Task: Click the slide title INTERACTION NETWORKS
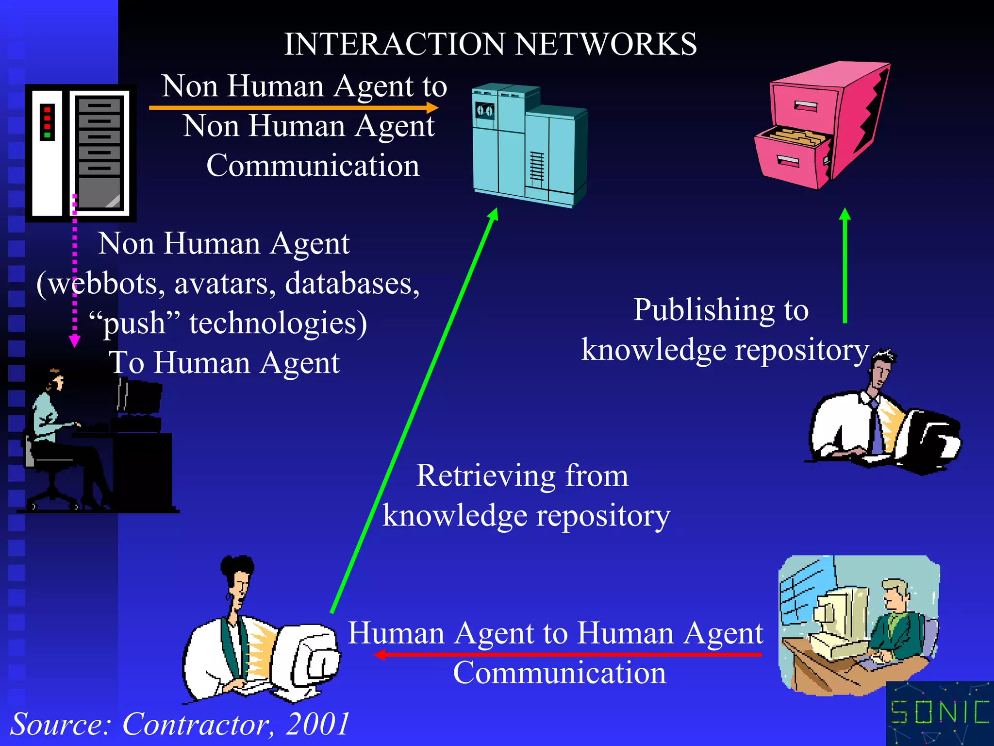coord(490,44)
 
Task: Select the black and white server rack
coord(80,153)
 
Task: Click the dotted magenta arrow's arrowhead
coord(74,341)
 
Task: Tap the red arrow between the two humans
coord(568,655)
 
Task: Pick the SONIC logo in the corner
coord(940,713)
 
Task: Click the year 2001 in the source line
coord(317,724)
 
